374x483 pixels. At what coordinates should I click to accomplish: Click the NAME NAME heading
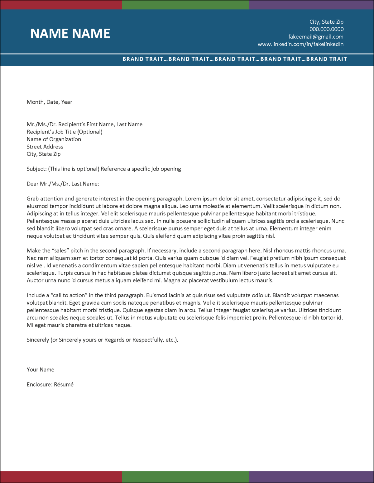tap(70, 34)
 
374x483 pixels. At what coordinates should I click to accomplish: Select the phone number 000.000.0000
tap(326, 29)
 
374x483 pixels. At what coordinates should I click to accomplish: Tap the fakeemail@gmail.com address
tap(316, 37)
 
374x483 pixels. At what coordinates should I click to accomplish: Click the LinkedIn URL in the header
tap(300, 44)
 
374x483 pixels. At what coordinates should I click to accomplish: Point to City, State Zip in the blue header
tap(326, 22)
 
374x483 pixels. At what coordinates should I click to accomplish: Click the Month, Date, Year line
tap(50, 102)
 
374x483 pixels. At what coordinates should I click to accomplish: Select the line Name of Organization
tap(54, 139)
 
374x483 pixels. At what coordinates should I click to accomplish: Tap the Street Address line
tap(45, 147)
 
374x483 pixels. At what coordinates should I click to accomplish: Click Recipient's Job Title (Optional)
tap(65, 132)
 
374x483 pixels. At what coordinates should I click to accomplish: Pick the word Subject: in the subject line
tap(36, 169)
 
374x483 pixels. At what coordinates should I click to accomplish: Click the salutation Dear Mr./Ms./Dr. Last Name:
tap(63, 184)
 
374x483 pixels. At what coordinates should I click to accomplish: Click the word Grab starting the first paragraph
tap(33, 199)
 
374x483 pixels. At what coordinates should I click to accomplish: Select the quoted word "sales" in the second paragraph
tap(60, 251)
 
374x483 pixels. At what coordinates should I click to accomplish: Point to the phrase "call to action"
tap(70, 295)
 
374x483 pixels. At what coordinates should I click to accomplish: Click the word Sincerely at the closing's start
tap(38, 340)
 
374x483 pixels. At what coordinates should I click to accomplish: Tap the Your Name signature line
tap(41, 370)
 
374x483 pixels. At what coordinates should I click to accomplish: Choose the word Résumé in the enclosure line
tap(64, 385)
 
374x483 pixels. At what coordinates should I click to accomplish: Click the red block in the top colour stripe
tap(61, 5)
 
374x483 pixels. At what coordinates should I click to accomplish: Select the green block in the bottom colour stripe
tap(185, 477)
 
